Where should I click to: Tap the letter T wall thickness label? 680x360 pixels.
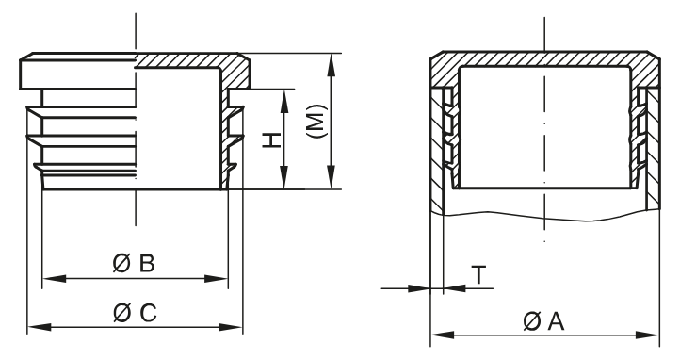click(479, 274)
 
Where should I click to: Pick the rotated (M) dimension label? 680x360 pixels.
click(316, 123)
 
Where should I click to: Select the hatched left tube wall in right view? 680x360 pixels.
click(436, 151)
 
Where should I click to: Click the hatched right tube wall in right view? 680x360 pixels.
click(652, 151)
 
